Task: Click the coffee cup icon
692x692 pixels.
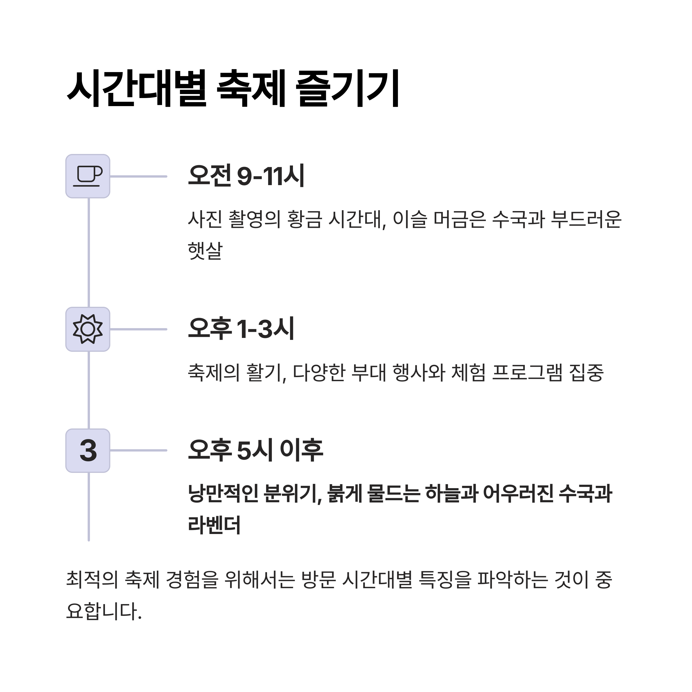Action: pyautogui.click(x=88, y=176)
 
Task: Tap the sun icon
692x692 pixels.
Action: pyautogui.click(x=88, y=329)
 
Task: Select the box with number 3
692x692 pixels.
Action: pyautogui.click(x=88, y=451)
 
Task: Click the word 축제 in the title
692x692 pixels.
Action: pyautogui.click(x=251, y=88)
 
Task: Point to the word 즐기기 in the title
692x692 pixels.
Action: pyautogui.click(x=347, y=88)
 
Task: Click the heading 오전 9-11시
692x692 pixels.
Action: pyautogui.click(x=246, y=176)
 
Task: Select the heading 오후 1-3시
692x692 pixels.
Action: pyautogui.click(x=241, y=328)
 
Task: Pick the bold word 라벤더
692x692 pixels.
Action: pyautogui.click(x=214, y=525)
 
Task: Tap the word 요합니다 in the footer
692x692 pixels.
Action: pyautogui.click(x=104, y=611)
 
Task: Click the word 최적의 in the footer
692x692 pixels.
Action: pyautogui.click(x=92, y=580)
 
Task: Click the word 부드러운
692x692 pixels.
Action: pyautogui.click(x=586, y=219)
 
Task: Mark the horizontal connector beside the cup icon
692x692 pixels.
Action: pyautogui.click(x=139, y=176)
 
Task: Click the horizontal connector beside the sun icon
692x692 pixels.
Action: pyautogui.click(x=139, y=329)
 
